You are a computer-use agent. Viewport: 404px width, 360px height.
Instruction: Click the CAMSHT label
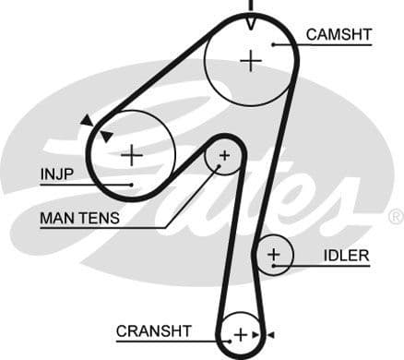pyautogui.click(x=339, y=34)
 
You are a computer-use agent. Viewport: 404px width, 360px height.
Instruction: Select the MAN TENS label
pyautogui.click(x=79, y=219)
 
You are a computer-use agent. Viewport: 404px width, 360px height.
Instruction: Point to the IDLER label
pyautogui.click(x=346, y=256)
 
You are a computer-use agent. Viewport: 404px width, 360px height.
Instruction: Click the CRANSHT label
pyautogui.click(x=153, y=330)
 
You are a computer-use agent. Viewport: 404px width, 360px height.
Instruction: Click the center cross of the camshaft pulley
pyautogui.click(x=250, y=61)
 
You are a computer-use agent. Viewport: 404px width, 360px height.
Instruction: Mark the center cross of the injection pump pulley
pyautogui.click(x=132, y=154)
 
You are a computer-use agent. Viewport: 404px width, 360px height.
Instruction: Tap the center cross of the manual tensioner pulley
pyautogui.click(x=223, y=156)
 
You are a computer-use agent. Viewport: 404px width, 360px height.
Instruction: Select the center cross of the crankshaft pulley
pyautogui.click(x=240, y=334)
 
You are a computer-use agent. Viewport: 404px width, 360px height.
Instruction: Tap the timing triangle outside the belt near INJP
pyautogui.click(x=87, y=120)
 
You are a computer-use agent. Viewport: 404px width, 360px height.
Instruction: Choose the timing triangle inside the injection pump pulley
pyautogui.click(x=106, y=136)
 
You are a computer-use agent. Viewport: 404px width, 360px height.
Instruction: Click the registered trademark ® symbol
pyautogui.click(x=395, y=217)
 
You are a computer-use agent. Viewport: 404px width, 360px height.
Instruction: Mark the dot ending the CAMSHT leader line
pyautogui.click(x=275, y=43)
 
